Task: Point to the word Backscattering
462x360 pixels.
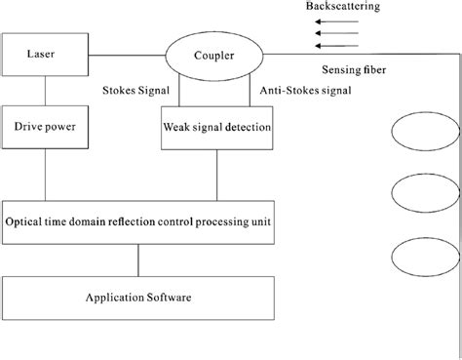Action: pyautogui.click(x=343, y=6)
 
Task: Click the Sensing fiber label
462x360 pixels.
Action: pyautogui.click(x=355, y=71)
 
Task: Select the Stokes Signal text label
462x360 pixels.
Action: pyautogui.click(x=137, y=91)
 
